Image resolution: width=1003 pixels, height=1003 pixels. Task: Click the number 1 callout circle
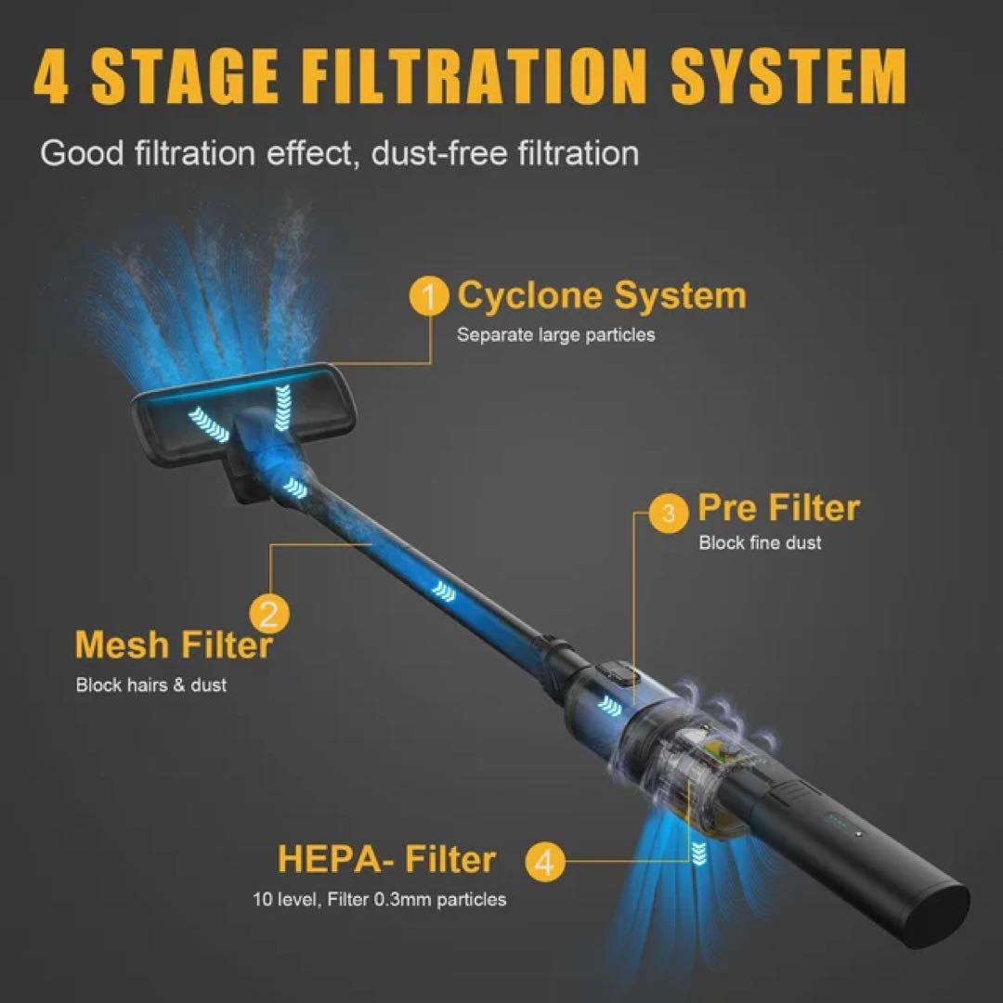click(x=429, y=295)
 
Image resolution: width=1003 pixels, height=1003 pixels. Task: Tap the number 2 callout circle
click(x=269, y=614)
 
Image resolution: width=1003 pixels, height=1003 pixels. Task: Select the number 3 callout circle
click(x=669, y=513)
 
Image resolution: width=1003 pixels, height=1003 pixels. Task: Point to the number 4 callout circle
click(x=545, y=862)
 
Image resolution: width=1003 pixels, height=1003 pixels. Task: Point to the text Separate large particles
click(x=556, y=335)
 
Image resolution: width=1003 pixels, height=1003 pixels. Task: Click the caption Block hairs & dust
click(x=151, y=685)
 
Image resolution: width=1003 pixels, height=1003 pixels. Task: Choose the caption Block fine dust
click(x=760, y=542)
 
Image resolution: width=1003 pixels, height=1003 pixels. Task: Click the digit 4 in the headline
click(x=51, y=75)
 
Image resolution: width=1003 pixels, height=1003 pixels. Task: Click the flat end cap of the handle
click(x=940, y=910)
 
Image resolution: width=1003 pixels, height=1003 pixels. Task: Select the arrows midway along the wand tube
click(x=443, y=591)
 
